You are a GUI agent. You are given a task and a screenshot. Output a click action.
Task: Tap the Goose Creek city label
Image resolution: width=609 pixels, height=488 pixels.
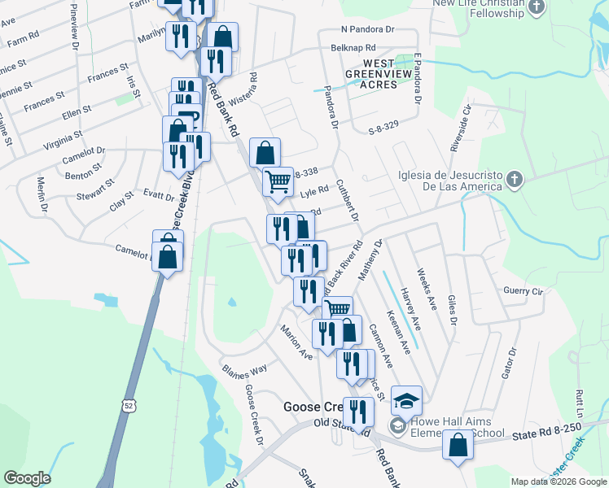pos(313,407)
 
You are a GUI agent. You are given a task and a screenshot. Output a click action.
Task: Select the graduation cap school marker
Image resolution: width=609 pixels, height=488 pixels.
pos(406,401)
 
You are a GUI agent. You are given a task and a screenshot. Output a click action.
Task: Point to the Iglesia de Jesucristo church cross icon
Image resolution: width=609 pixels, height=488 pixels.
pos(514,178)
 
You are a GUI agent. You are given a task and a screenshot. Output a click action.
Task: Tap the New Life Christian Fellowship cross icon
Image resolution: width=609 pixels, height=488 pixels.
pos(536,8)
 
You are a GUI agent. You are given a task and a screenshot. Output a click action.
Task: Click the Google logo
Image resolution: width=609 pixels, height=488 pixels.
pos(27,478)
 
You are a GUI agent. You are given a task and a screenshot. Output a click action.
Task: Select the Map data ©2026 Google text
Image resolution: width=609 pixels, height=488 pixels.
pos(559,481)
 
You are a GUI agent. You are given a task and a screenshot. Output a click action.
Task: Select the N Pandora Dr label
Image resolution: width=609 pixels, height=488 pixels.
pos(367,28)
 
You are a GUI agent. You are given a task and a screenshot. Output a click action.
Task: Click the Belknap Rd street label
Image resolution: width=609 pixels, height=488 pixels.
pos(353,48)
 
